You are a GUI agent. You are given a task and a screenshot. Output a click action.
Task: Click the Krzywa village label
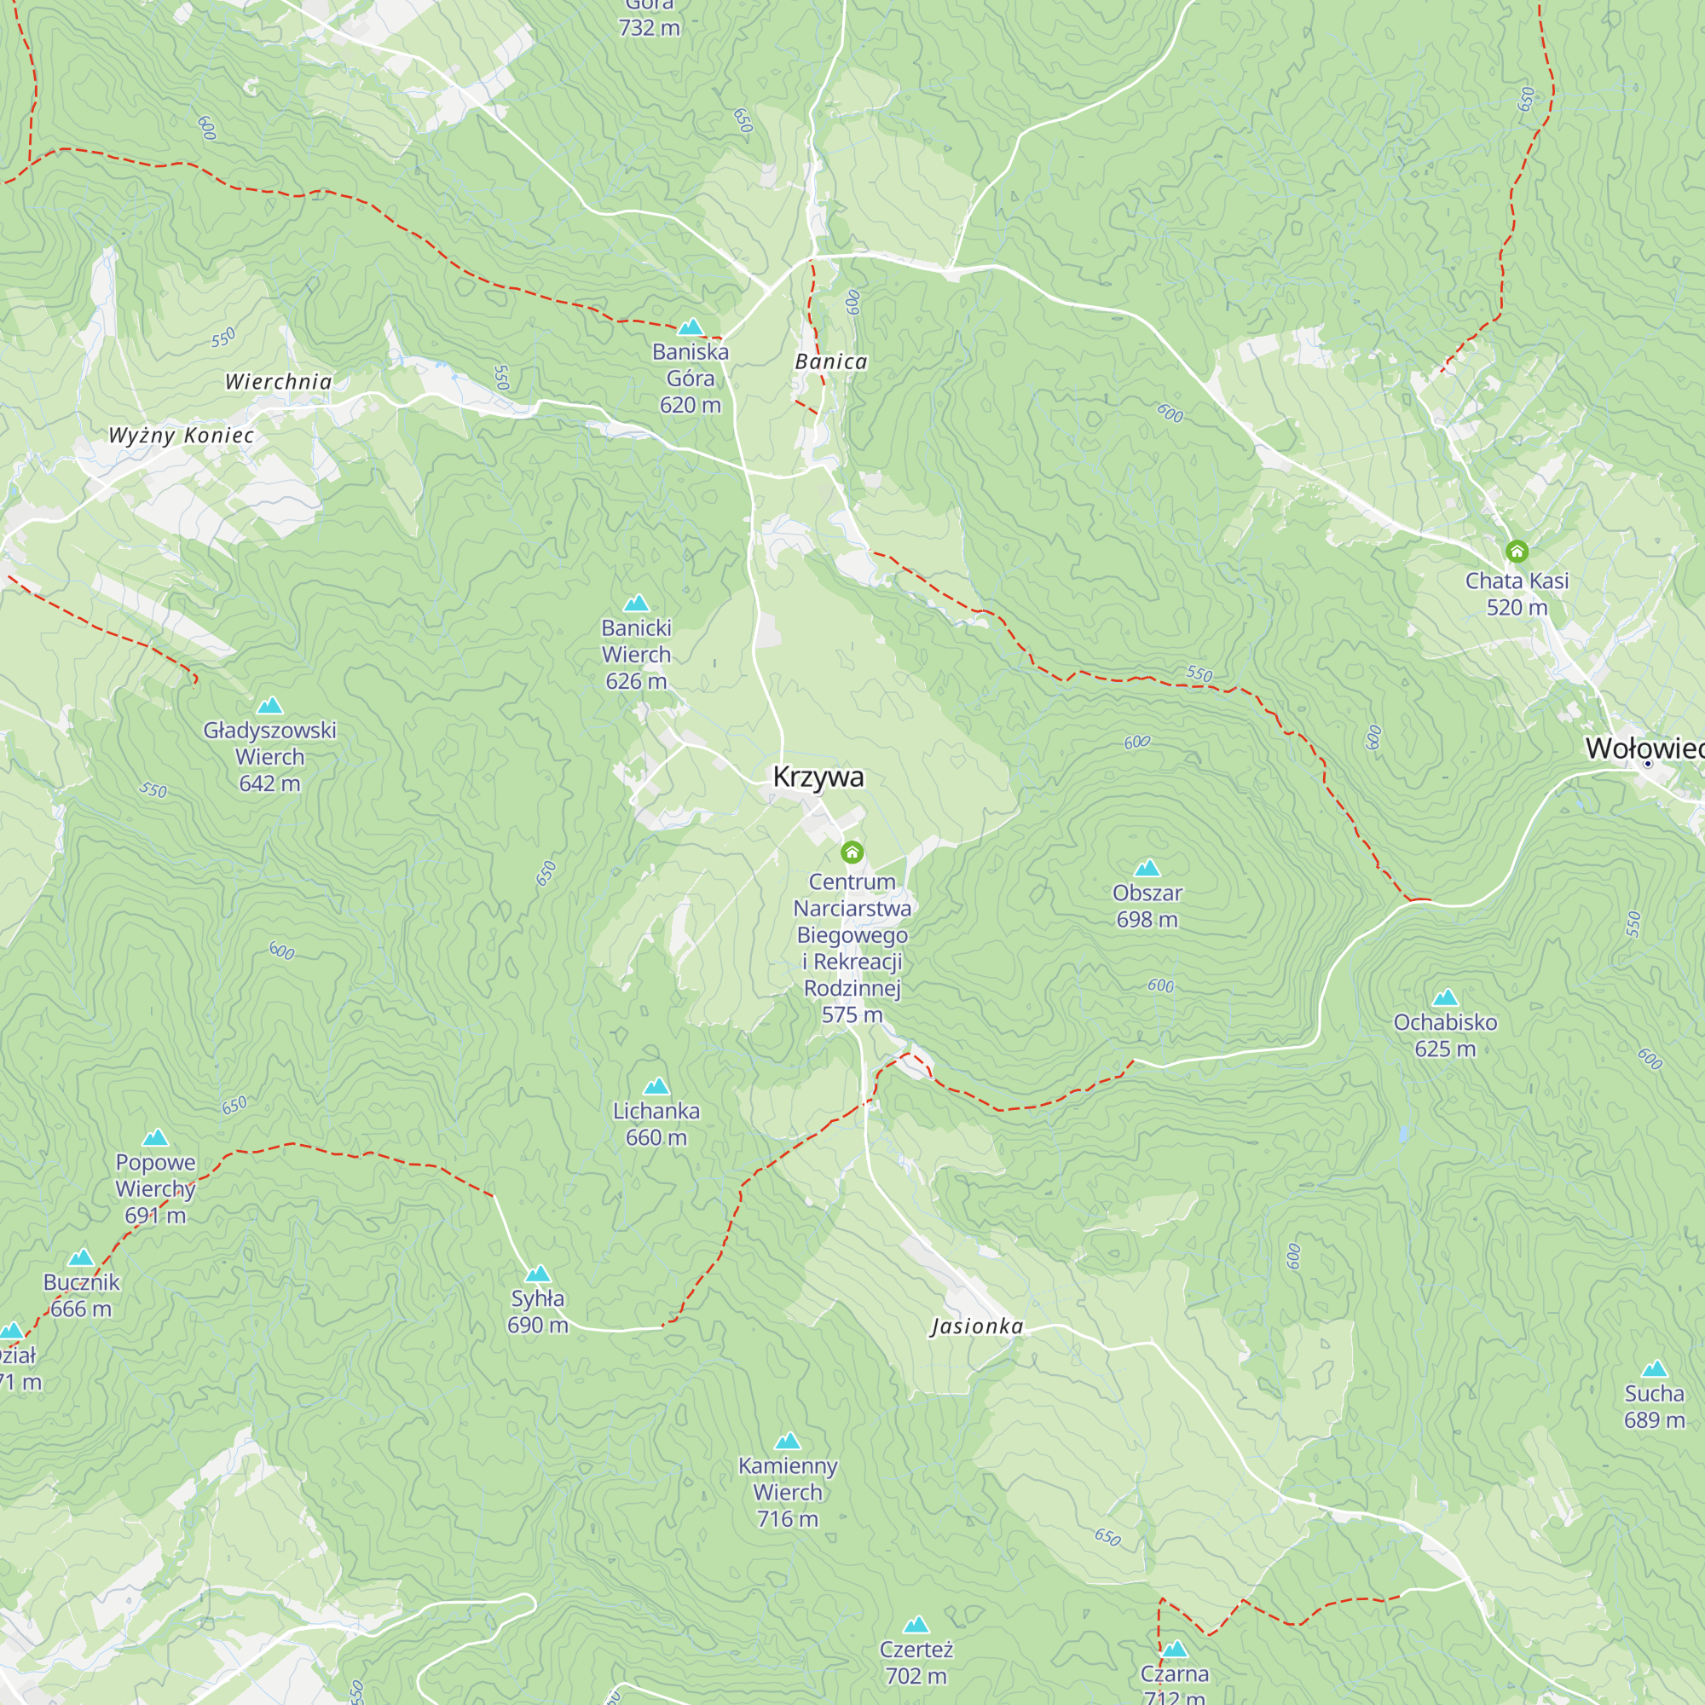[818, 777]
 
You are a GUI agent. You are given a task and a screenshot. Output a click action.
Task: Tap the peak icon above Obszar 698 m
[1147, 869]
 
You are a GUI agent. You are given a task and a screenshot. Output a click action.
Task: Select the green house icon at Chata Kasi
[1516, 552]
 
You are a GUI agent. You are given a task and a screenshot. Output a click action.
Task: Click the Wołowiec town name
[1644, 748]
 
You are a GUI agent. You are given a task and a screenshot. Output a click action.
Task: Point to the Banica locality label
[830, 361]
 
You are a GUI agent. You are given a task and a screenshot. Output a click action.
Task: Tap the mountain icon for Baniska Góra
[691, 327]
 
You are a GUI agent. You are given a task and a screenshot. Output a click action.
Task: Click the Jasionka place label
[977, 1326]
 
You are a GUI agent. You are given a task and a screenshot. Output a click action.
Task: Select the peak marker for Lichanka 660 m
[656, 1086]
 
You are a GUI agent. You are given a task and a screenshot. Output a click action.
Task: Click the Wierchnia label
[278, 382]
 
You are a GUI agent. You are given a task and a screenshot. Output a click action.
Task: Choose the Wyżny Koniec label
[181, 435]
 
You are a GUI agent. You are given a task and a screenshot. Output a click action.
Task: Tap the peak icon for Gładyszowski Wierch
[269, 705]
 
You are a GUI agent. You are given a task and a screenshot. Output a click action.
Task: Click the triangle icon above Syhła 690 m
[537, 1274]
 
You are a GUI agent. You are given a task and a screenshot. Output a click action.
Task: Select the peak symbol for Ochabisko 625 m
[1445, 998]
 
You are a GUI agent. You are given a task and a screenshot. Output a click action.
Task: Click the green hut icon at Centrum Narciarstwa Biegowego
[852, 852]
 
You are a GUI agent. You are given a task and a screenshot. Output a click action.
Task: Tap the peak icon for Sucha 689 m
[1654, 1370]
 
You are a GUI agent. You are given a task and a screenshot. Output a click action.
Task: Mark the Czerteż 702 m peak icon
[916, 1625]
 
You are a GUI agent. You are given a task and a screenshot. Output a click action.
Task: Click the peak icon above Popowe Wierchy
[155, 1137]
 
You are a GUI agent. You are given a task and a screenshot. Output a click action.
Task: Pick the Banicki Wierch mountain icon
[636, 604]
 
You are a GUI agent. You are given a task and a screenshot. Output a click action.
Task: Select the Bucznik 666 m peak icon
[80, 1257]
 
